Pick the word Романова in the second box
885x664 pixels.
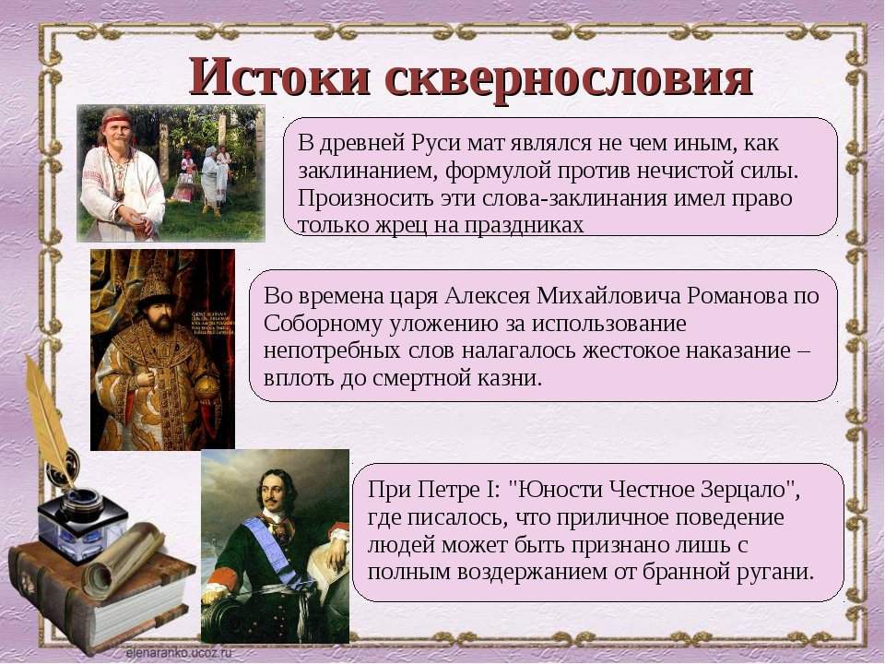point(737,296)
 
